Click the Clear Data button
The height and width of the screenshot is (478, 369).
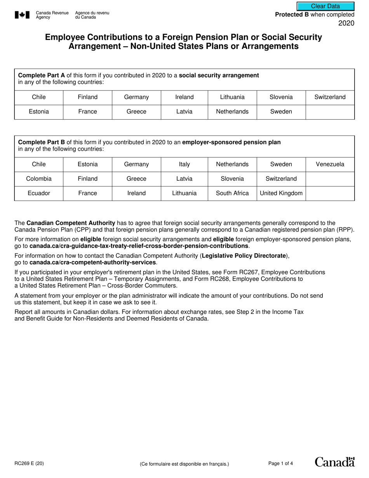pyautogui.click(x=325, y=6)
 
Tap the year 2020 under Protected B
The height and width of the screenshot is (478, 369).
pyautogui.click(x=346, y=23)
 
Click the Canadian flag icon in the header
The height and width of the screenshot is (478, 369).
pyautogui.click(x=22, y=15)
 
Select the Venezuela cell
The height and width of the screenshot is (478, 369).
pyautogui.click(x=330, y=164)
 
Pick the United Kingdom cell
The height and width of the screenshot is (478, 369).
pyautogui.click(x=281, y=193)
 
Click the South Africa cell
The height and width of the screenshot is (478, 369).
pyautogui.click(x=232, y=193)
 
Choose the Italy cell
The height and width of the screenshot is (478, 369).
pyautogui.click(x=184, y=164)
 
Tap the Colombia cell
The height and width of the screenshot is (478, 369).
pyautogui.click(x=39, y=179)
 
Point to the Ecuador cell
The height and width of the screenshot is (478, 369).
pyautogui.click(x=39, y=193)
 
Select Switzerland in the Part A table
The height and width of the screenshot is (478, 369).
pyautogui.click(x=330, y=97)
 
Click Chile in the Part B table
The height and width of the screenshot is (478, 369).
pyautogui.click(x=39, y=164)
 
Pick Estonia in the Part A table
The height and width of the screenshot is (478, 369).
pyautogui.click(x=39, y=112)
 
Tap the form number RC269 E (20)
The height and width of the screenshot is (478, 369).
pyautogui.click(x=29, y=463)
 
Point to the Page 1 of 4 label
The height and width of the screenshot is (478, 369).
pyautogui.click(x=280, y=463)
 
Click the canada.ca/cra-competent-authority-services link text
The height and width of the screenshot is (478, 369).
pyautogui.click(x=92, y=262)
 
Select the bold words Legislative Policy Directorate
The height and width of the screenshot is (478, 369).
pyautogui.click(x=244, y=256)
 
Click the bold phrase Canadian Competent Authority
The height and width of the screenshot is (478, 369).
pyautogui.click(x=71, y=223)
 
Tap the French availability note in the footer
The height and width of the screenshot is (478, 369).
pyautogui.click(x=184, y=464)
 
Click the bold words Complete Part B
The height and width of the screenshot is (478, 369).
pyautogui.click(x=42, y=142)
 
